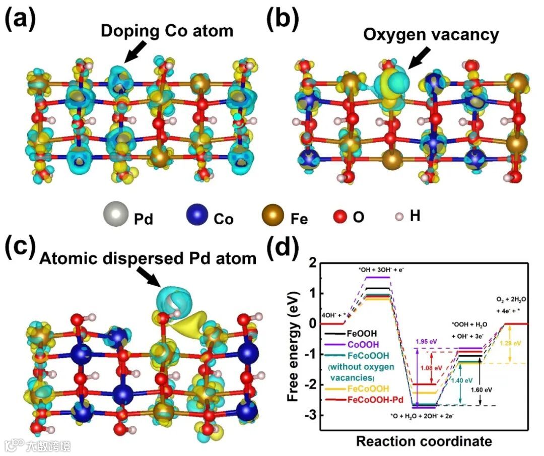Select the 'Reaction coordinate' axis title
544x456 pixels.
[x=424, y=441]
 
